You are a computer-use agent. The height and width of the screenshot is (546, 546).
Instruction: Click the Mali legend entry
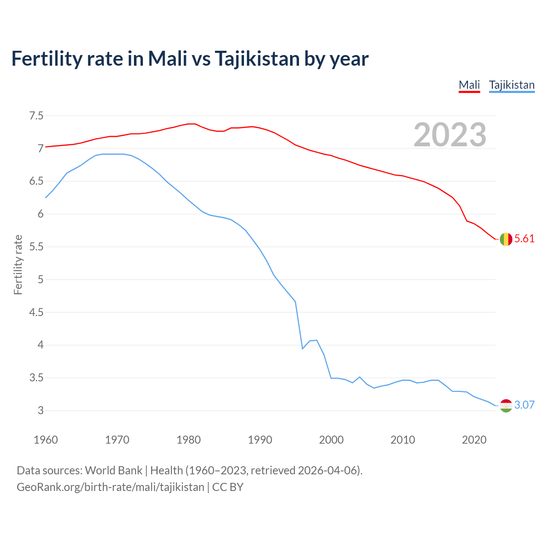click(469, 85)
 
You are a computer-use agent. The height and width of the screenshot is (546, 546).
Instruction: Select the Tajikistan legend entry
click(511, 85)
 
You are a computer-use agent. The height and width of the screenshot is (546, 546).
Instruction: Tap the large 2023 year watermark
click(450, 135)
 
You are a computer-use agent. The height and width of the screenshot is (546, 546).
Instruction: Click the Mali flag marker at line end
click(506, 239)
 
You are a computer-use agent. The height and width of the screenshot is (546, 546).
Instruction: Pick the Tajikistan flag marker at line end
click(506, 405)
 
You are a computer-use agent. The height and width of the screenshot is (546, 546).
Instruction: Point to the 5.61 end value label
click(524, 239)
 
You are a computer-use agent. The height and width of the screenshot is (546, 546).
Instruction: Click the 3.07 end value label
click(524, 405)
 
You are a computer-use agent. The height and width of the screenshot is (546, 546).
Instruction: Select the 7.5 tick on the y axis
click(36, 116)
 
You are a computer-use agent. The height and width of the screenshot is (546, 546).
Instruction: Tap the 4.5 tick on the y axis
click(36, 313)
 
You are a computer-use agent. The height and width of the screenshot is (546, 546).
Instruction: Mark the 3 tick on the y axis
click(41, 411)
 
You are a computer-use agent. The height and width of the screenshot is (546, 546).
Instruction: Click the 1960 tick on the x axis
click(46, 440)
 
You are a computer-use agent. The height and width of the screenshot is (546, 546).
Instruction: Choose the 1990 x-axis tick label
click(260, 440)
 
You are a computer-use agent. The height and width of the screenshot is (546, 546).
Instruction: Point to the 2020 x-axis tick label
click(474, 440)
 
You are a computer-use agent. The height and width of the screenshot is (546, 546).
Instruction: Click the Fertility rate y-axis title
click(18, 264)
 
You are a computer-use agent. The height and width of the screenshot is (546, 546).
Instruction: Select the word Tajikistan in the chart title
click(257, 59)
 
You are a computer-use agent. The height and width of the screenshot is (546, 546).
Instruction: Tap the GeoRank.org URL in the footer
click(110, 487)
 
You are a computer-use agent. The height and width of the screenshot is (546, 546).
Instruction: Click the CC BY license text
click(228, 487)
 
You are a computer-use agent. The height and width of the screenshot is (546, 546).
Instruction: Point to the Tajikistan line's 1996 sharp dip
click(302, 349)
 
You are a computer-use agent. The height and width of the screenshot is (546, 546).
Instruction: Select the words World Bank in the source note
click(113, 470)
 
